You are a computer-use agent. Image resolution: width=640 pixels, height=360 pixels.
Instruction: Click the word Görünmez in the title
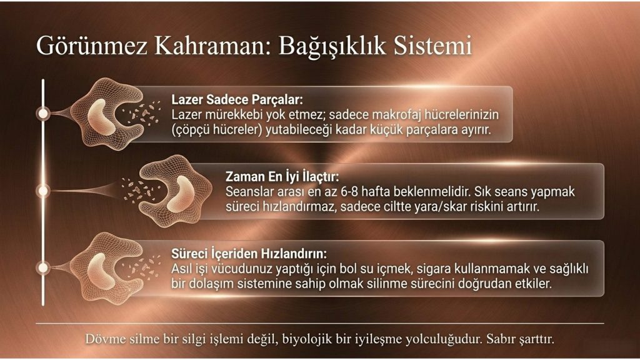[x=91, y=46]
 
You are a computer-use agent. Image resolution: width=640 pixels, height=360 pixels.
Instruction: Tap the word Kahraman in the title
[x=212, y=45]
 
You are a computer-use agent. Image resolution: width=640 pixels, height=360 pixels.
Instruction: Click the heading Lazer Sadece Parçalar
[x=237, y=99]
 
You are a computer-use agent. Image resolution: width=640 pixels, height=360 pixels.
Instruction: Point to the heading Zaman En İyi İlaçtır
[x=282, y=177]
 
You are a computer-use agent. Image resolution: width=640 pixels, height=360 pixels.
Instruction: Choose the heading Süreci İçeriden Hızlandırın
[x=249, y=254]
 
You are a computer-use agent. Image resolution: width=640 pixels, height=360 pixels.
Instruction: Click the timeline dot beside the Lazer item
[x=43, y=114]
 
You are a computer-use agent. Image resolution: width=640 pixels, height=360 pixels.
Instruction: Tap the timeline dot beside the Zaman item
[x=43, y=191]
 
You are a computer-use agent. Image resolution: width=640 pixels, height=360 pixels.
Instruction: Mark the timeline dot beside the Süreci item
[x=43, y=267]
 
